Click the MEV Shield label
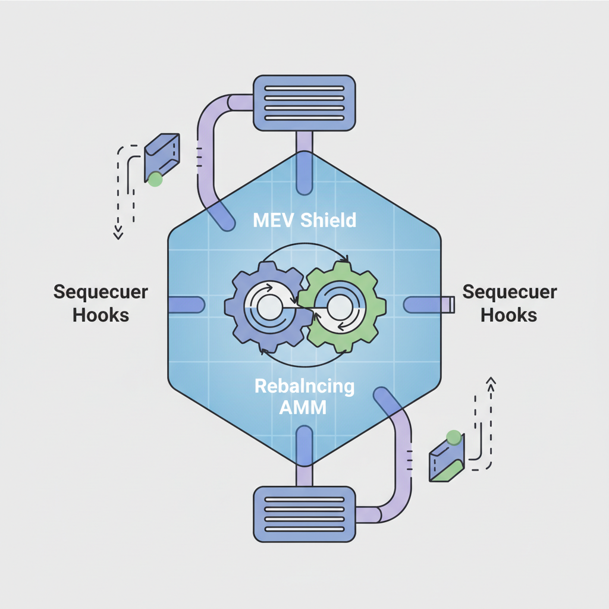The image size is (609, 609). tap(304, 221)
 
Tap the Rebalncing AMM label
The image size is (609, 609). tap(304, 397)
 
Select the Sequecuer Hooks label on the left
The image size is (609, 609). tap(101, 303)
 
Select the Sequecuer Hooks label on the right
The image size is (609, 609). tap(509, 303)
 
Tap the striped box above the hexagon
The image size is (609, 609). tap(304, 103)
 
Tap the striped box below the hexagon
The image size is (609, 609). tap(304, 514)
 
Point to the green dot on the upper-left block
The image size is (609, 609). tap(155, 179)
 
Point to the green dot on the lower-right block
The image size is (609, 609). tap(454, 438)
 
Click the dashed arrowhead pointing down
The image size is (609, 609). tap(118, 233)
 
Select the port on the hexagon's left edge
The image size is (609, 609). tap(186, 305)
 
